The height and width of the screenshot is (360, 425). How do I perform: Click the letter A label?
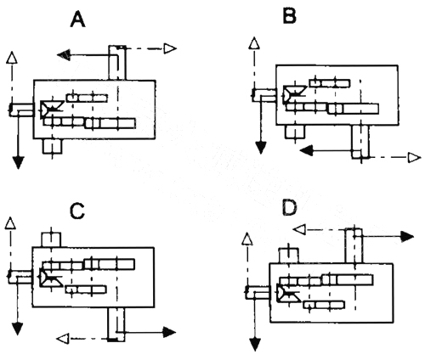77,20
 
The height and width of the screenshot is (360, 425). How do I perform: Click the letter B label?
290,16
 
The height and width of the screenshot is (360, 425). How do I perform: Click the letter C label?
77,211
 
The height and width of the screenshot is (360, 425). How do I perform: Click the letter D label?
290,208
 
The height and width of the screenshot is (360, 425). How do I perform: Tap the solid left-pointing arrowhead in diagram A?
64,54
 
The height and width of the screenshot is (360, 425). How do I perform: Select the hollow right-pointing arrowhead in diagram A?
170,48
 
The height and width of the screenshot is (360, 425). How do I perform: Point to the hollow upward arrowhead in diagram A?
12,57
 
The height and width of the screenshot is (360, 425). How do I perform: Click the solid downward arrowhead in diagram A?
18,162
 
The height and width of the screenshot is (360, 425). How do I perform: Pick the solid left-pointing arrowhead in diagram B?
306,150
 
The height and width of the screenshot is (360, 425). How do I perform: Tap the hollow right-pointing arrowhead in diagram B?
414,158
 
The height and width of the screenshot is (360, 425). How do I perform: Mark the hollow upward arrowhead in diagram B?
254,43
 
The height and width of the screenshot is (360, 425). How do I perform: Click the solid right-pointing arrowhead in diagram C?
170,332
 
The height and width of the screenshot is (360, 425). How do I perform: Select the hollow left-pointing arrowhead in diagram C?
63,339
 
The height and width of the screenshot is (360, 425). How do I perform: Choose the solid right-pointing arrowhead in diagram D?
408,236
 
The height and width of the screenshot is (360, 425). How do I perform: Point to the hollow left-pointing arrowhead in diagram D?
298,229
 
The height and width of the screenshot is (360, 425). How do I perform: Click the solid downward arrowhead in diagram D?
256,345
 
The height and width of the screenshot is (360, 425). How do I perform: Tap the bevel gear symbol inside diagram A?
51,109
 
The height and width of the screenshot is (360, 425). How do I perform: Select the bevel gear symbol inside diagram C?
51,278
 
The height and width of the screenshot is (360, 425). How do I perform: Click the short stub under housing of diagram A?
52,146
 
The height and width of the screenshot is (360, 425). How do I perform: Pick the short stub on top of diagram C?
51,239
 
